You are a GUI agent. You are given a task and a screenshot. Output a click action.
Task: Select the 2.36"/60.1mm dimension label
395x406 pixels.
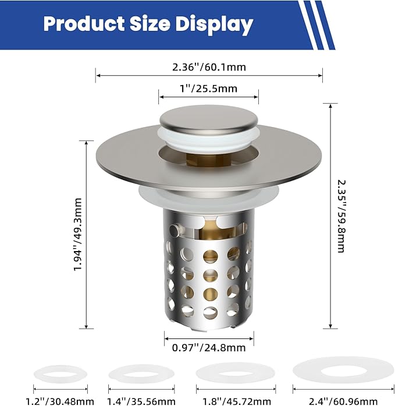coord(209,67)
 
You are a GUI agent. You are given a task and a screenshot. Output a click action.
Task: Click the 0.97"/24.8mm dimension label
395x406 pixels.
coord(209,348)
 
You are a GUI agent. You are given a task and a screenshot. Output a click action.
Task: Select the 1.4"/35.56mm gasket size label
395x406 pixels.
coord(141,401)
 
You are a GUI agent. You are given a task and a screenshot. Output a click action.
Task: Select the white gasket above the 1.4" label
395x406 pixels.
coord(141,372)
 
